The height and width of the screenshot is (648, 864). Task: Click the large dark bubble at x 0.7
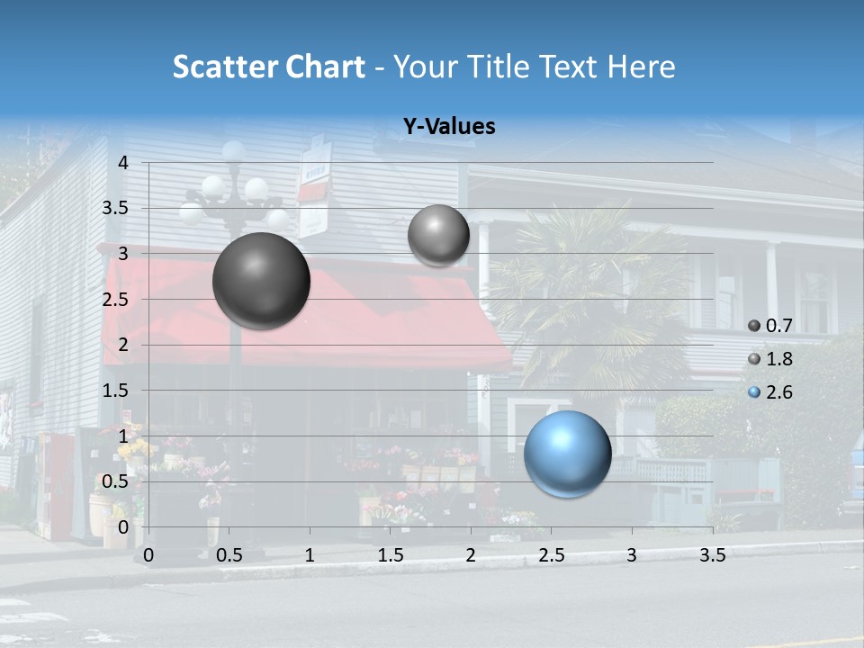(262, 281)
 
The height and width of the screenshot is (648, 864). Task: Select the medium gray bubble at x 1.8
(438, 236)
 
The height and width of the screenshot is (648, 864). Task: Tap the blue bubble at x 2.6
(568, 454)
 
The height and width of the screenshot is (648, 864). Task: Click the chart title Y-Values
(449, 127)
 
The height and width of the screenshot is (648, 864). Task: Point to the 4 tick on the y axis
(124, 162)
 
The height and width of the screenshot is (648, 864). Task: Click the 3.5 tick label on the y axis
(116, 208)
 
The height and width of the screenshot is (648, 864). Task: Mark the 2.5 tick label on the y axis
(116, 299)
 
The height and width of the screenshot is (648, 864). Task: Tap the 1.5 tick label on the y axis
(116, 390)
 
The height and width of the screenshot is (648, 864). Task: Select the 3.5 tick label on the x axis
(712, 555)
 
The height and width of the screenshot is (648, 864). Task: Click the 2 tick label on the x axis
(471, 555)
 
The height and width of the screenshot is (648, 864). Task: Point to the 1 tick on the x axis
(310, 555)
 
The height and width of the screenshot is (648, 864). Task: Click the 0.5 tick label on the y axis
(116, 481)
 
